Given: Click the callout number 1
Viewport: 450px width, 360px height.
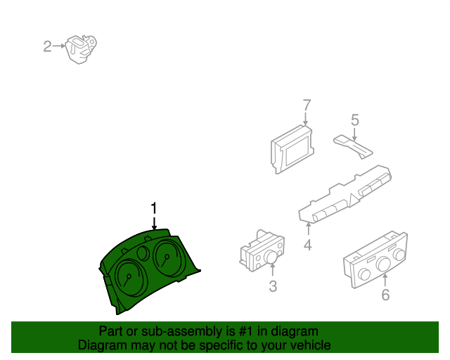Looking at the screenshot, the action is point(154,208).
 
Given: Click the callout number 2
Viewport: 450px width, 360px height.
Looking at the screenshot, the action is point(47,46).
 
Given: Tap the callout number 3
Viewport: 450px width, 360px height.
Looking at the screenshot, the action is point(273,286).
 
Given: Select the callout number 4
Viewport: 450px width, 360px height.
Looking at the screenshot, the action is point(308,245).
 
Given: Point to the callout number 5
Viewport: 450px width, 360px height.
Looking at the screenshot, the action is point(355,120).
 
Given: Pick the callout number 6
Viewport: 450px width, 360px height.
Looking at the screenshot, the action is point(385,295).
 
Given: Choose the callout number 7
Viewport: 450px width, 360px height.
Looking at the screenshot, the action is point(307,105).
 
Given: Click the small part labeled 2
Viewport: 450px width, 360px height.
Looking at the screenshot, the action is point(81,49).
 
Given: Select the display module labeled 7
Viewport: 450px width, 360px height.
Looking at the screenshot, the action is point(292,150).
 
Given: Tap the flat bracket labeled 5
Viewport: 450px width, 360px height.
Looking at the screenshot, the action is point(353,146).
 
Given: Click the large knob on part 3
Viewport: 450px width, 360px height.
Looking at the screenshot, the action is point(271,257).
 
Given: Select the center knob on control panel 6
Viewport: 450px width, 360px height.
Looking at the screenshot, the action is point(384,264).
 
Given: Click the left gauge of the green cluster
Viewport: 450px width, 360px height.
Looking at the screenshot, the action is point(131,277).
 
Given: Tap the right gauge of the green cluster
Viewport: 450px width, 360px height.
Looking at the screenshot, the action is point(168,258).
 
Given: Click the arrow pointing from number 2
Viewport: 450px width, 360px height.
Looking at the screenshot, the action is point(59,46).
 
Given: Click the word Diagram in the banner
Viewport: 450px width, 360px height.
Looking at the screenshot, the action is point(98,345).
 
